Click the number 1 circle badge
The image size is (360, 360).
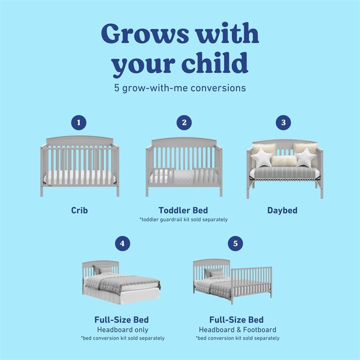(x=79, y=123)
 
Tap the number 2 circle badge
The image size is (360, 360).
(x=184, y=123)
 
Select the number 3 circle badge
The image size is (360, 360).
(x=283, y=123)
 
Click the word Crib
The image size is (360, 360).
(x=79, y=210)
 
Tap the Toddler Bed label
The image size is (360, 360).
(x=183, y=210)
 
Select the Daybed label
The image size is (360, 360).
(x=282, y=210)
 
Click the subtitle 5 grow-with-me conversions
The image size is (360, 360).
(x=180, y=88)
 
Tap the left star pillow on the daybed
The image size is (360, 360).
(x=261, y=158)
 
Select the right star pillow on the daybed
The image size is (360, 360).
(x=306, y=157)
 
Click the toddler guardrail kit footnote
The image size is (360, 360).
(x=184, y=220)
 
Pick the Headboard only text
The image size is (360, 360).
(x=121, y=329)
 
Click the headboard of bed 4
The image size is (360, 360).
(x=100, y=265)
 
